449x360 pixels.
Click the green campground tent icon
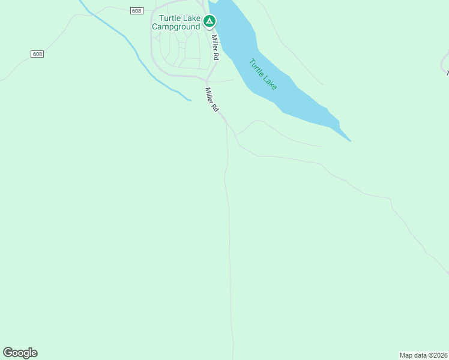(209, 22)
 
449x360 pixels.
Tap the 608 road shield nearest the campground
(136, 10)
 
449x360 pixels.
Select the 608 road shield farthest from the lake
(37, 54)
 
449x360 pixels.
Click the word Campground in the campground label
(175, 26)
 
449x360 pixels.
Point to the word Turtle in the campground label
(170, 18)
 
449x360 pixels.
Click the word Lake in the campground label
(191, 18)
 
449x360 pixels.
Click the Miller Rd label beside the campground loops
(215, 47)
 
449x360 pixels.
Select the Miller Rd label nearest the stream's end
(212, 100)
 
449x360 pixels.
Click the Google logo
(20, 352)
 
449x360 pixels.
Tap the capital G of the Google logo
(7, 352)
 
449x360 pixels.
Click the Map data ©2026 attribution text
(423, 355)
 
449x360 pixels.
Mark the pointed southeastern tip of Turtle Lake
(351, 142)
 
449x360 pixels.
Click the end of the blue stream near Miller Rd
(190, 100)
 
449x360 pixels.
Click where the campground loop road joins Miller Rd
(206, 78)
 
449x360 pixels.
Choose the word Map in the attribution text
(406, 355)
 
